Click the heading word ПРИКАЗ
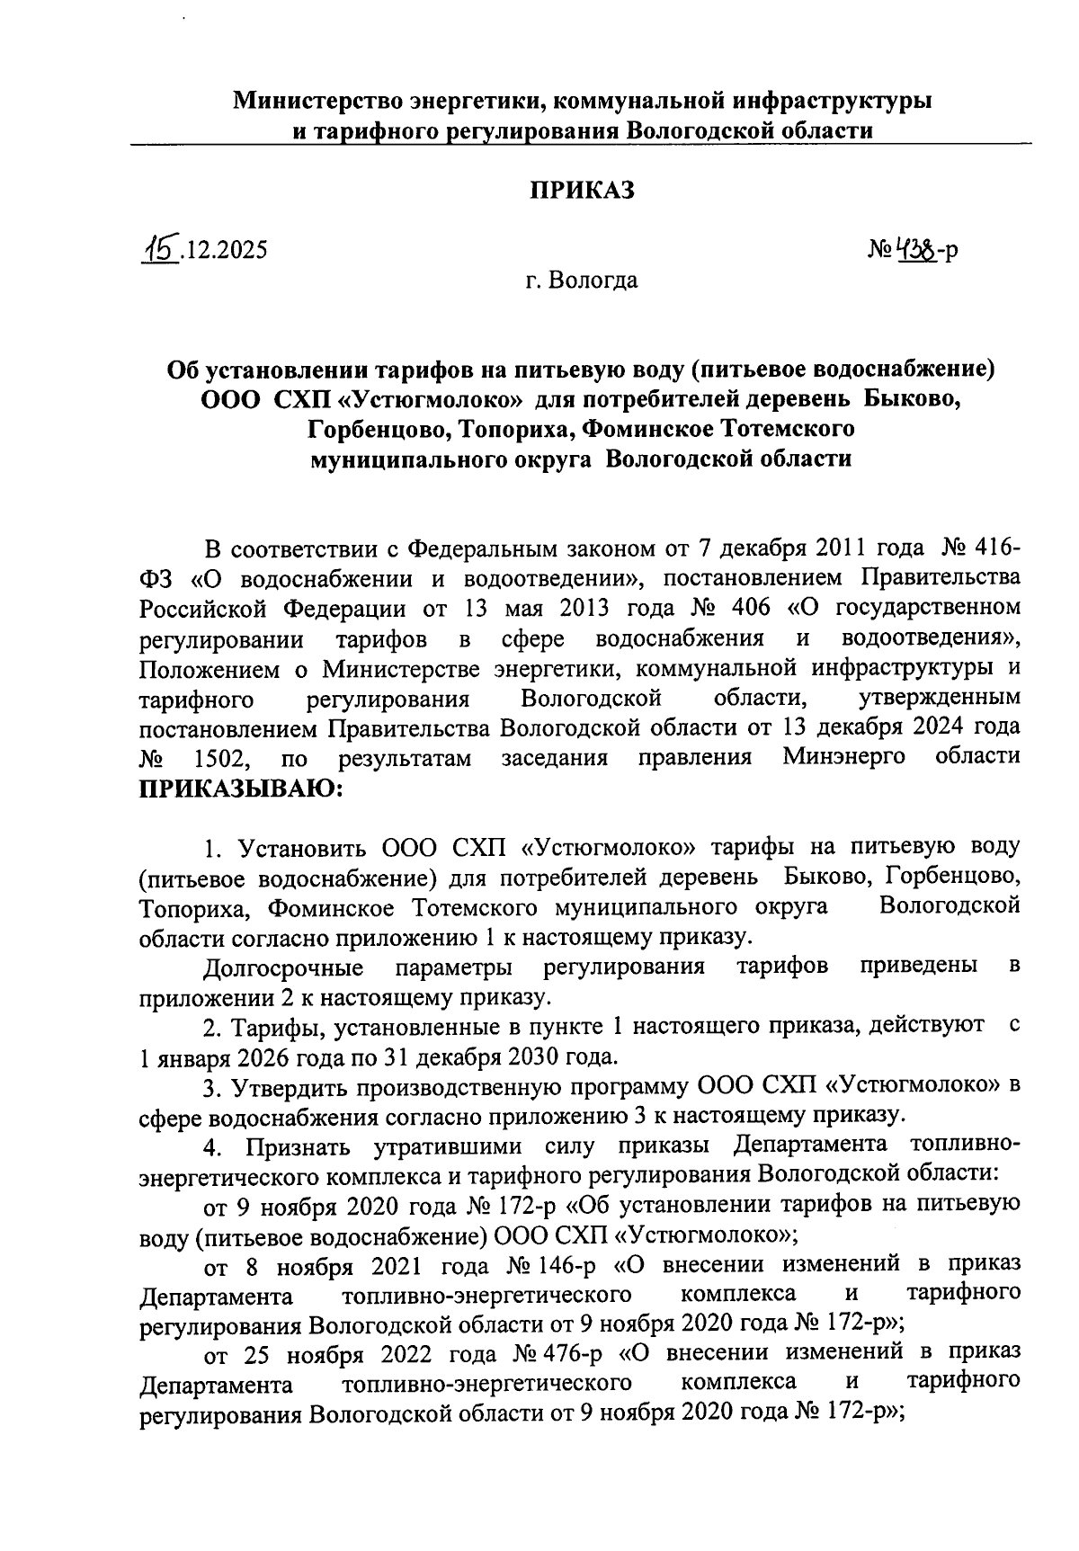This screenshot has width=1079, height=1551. click(581, 190)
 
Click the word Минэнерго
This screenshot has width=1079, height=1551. click(843, 757)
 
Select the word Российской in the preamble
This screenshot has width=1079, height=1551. click(204, 609)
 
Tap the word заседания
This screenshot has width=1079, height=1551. click(554, 758)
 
